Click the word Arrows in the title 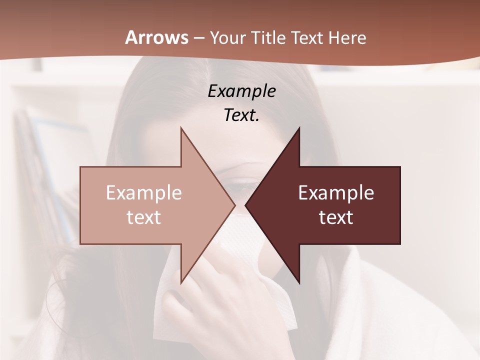[x=156, y=37]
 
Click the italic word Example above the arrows [x=242, y=91]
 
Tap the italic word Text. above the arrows [x=242, y=115]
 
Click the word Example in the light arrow [x=144, y=193]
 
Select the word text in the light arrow [x=144, y=217]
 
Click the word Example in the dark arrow [x=336, y=193]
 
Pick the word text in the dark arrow [x=336, y=217]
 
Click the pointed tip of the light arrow [x=234, y=205]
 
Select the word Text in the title [x=308, y=37]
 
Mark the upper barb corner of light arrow [x=181, y=129]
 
